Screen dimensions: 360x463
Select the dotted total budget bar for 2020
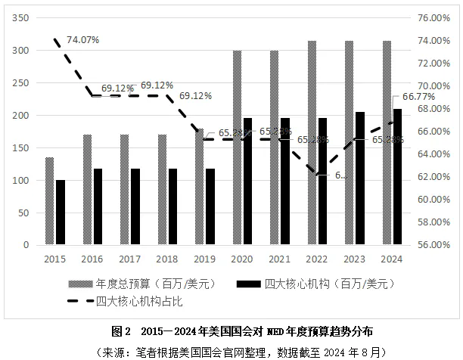coord(238,148)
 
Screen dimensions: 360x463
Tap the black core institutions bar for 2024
coord(397,177)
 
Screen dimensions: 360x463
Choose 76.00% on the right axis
coord(435,18)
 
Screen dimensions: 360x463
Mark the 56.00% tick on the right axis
coord(435,245)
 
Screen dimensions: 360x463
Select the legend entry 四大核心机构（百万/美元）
coord(319,284)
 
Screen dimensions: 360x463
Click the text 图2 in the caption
coord(122,331)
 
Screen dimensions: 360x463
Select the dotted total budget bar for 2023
coord(349,143)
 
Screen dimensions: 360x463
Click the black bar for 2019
coord(210,206)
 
